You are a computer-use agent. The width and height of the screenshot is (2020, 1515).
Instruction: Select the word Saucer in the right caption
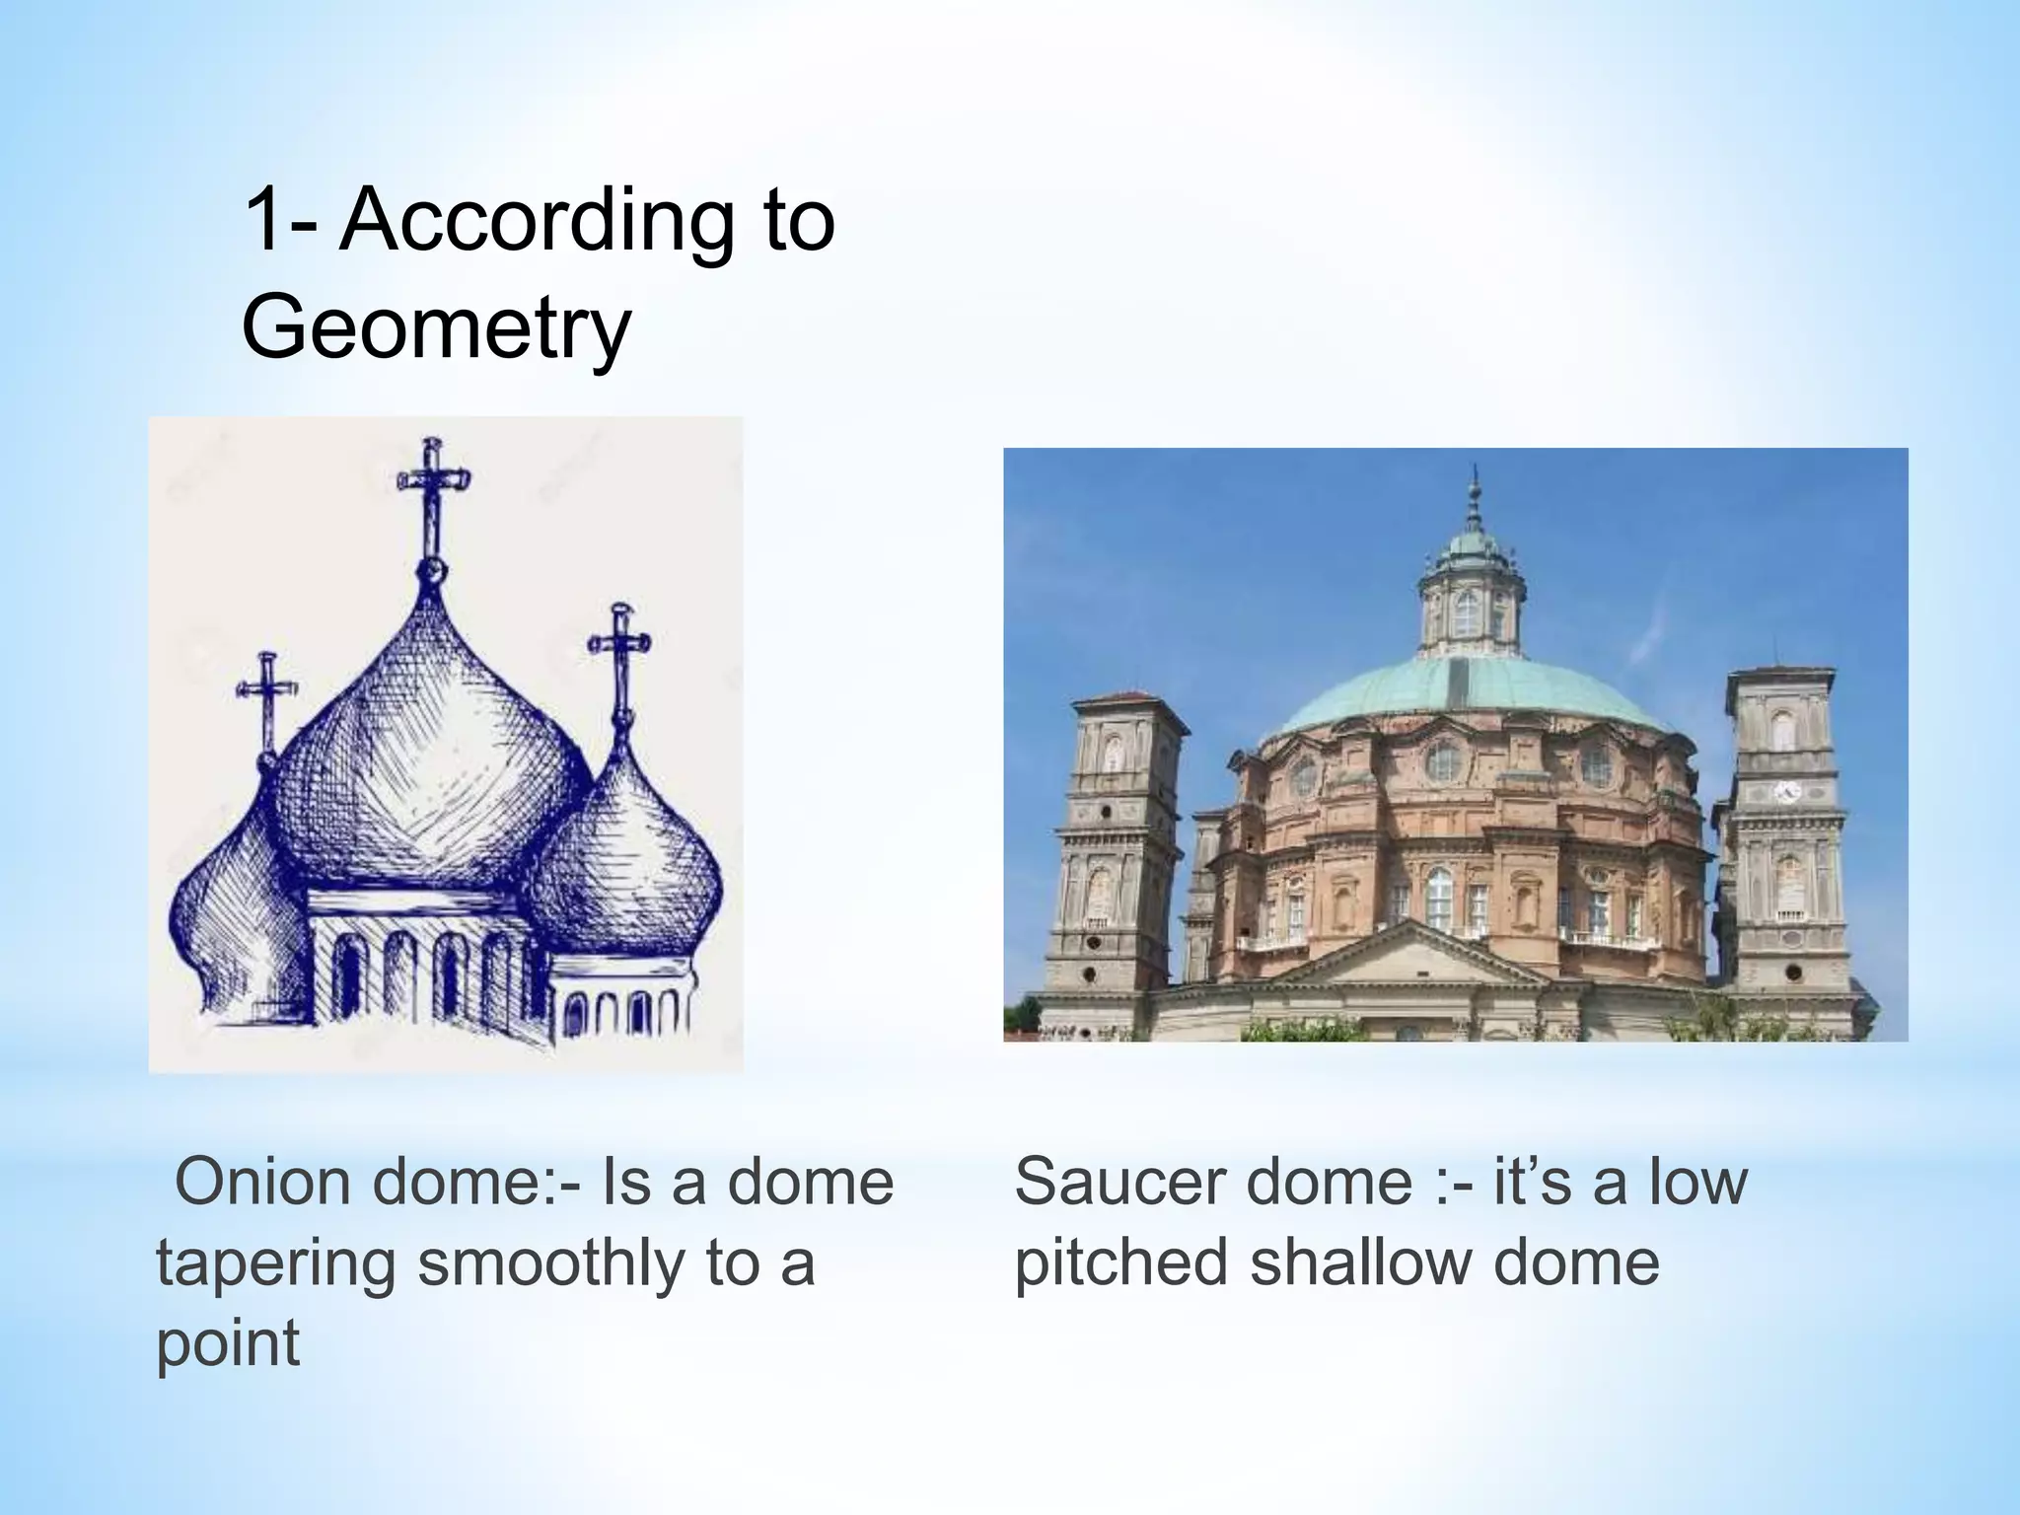pyautogui.click(x=1114, y=1183)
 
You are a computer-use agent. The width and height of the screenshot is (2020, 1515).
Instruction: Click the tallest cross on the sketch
pyautogui.click(x=431, y=493)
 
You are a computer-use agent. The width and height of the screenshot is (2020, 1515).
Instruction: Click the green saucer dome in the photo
pyautogui.click(x=1470, y=695)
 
